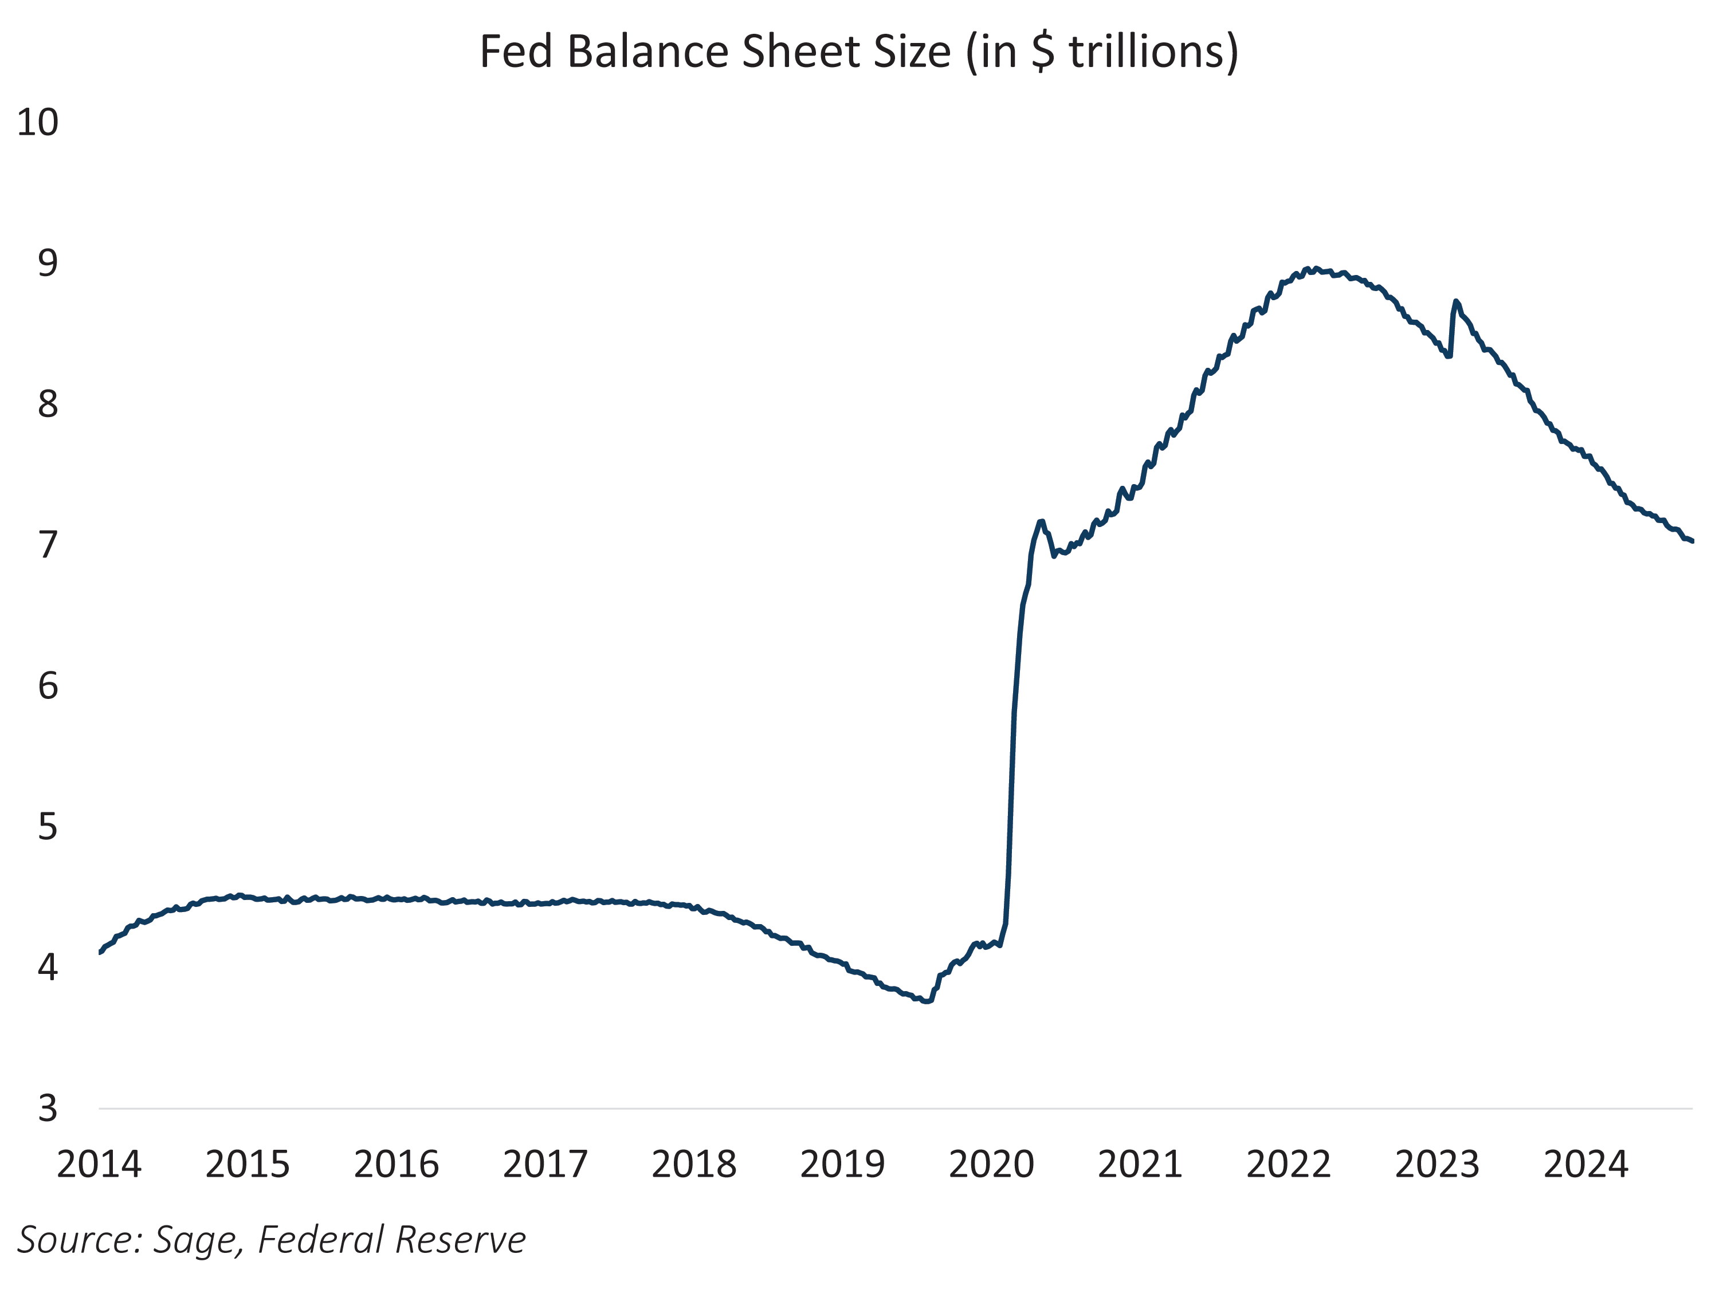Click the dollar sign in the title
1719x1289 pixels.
(x=1043, y=52)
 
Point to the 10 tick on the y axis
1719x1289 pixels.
(x=37, y=123)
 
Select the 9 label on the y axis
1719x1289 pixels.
(x=48, y=264)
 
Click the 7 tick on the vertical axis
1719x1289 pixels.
(x=48, y=545)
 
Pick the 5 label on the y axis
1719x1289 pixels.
(x=48, y=827)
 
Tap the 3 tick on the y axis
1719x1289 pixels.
(x=48, y=1109)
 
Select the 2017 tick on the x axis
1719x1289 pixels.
(x=545, y=1165)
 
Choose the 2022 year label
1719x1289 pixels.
(x=1289, y=1165)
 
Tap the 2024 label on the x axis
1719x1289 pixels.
(x=1585, y=1165)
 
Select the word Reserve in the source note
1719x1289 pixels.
(x=460, y=1239)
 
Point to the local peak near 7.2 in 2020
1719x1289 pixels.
(x=1041, y=521)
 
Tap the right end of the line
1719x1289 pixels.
(x=1692, y=541)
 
